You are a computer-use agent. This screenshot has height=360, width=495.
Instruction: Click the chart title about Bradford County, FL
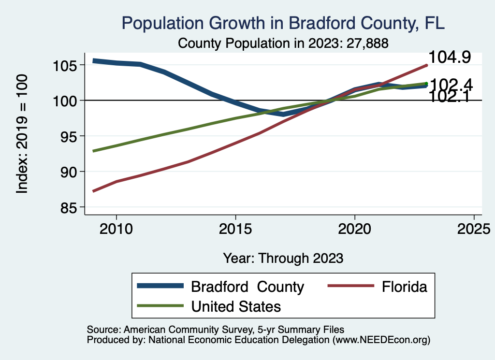pos(283,23)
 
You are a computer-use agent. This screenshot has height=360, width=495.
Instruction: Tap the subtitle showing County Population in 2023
pos(283,43)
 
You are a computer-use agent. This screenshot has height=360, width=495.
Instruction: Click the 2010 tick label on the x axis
pos(116,228)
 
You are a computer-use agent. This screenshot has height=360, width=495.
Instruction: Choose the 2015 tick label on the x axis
pos(235,228)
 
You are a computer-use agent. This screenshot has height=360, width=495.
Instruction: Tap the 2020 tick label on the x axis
pos(355,228)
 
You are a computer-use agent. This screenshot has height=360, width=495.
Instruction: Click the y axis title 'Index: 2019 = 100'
pos(22,134)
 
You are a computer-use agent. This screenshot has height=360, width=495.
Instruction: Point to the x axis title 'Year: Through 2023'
pos(283,258)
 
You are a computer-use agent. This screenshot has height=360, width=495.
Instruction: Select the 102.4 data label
pos(451,84)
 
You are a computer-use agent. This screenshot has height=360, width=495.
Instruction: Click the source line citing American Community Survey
pos(215,330)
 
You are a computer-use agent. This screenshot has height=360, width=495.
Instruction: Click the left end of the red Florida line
pos(94,191)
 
